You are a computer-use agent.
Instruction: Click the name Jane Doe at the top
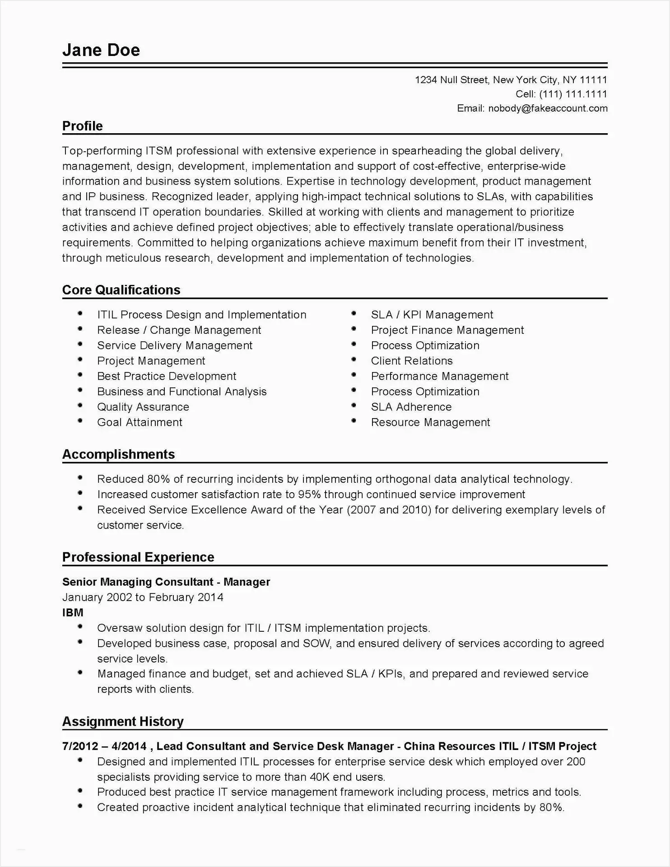101,50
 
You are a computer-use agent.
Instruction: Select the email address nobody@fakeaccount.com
548,108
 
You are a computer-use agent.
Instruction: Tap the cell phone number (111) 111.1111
573,94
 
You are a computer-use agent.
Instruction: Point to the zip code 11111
593,80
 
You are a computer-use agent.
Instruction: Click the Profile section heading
83,126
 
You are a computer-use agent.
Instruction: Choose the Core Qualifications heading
121,290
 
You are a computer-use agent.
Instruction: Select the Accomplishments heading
118,454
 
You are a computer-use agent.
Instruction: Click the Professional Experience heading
138,557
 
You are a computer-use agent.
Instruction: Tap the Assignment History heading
123,722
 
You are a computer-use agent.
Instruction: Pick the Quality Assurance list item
143,407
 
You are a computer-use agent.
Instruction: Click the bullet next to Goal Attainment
80,421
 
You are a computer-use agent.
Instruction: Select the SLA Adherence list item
411,407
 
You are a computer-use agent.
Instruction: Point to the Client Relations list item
411,361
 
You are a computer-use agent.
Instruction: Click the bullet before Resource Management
354,421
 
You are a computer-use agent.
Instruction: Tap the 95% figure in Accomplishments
309,494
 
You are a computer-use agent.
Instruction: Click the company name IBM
73,613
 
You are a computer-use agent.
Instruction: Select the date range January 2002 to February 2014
143,597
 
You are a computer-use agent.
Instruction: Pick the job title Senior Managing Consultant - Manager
166,582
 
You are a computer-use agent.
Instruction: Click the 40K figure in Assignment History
321,777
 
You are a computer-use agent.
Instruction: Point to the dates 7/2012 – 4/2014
104,746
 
